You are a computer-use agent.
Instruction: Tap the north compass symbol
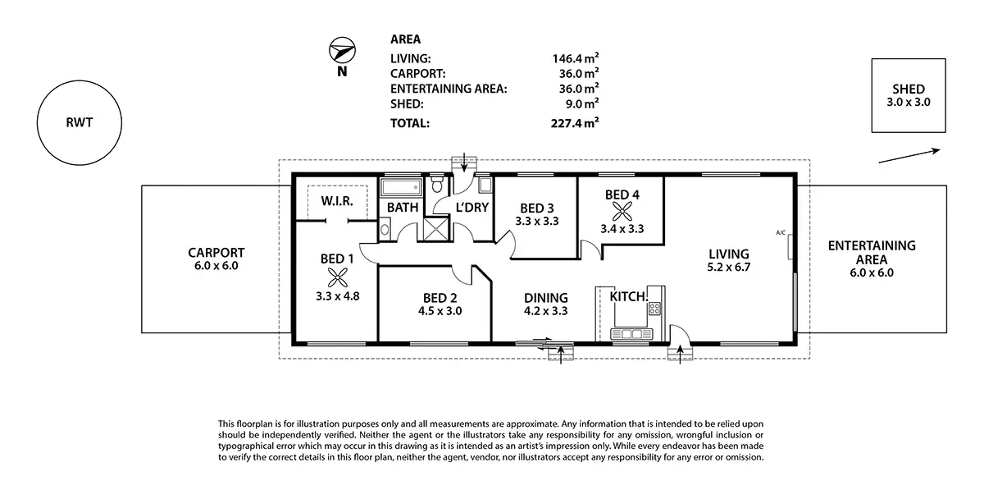341,52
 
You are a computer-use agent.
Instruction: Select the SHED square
908,95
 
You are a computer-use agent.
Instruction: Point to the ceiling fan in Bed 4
622,210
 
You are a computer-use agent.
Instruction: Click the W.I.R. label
337,201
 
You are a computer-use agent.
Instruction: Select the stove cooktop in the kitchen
655,309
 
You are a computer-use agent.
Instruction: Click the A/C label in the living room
781,233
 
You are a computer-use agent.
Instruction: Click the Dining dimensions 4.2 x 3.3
545,311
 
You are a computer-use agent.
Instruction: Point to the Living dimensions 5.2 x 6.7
729,268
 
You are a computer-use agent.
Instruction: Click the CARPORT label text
216,252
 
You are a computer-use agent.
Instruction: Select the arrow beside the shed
909,156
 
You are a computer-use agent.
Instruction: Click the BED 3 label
536,207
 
